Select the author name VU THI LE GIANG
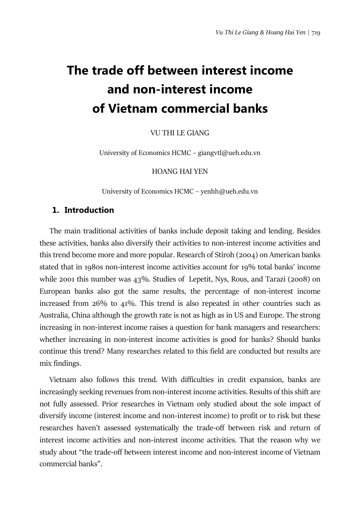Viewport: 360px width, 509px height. (x=180, y=133)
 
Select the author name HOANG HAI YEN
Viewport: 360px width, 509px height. (x=180, y=171)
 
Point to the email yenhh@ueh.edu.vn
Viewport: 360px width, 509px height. (x=229, y=191)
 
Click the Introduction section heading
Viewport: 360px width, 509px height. (x=89, y=210)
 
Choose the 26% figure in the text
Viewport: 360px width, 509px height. (x=93, y=303)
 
